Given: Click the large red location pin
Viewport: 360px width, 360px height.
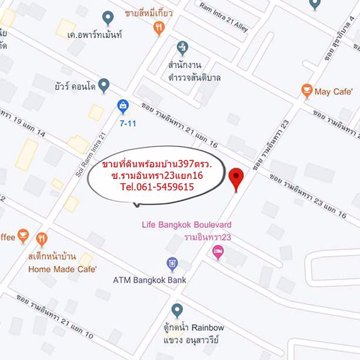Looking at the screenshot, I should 237,178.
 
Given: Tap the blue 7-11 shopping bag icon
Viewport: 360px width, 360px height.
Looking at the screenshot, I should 123,106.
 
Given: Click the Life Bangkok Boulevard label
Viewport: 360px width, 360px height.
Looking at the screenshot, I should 187,224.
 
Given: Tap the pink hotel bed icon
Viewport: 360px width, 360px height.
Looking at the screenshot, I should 218,252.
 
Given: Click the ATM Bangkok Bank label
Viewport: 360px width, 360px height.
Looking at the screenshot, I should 149,280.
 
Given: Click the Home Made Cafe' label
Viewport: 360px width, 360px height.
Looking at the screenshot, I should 59,270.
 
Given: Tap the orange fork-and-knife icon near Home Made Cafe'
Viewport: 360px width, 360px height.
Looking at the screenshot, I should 42,238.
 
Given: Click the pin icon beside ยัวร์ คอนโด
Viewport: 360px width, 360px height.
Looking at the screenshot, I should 103,86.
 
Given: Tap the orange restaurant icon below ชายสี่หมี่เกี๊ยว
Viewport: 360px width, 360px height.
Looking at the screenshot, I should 159,28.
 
